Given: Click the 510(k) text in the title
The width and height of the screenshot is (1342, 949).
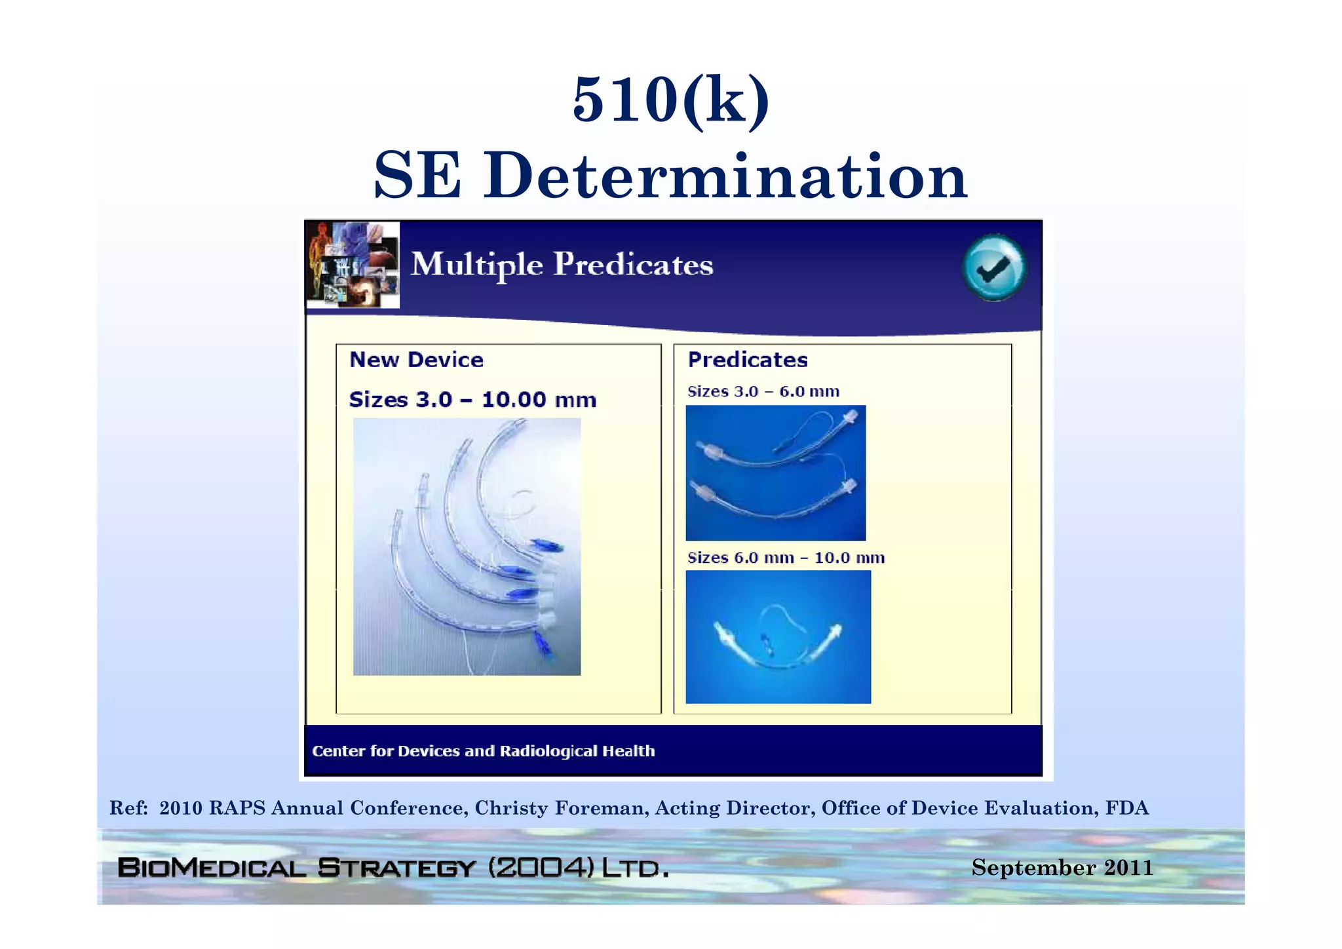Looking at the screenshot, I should point(670,100).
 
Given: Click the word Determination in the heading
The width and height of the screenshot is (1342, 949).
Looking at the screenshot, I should point(725,176).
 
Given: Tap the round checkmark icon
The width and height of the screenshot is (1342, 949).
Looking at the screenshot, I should point(994,267).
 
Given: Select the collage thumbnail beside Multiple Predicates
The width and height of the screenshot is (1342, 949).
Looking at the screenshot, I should point(353,265).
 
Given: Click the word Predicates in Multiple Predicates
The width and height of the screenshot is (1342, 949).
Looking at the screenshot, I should point(633,264).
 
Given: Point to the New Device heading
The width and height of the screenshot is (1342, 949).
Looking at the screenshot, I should point(416,360).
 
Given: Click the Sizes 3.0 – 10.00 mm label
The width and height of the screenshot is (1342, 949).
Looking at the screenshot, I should point(472,400).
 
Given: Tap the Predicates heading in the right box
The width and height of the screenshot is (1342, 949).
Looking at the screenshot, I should point(748,360).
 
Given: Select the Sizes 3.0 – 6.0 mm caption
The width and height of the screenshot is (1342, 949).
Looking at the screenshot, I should point(763,392).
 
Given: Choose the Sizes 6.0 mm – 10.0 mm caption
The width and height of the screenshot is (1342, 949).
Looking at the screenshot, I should point(786,558).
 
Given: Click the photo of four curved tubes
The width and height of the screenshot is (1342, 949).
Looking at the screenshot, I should point(467,547).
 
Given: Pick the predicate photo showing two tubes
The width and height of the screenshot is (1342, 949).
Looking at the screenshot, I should point(775,473).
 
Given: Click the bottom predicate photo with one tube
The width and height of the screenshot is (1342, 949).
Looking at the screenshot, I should point(778,636).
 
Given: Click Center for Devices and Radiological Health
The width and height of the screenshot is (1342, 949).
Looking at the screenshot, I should point(483,751).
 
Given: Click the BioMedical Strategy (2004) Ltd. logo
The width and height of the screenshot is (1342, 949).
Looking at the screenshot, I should point(393,868).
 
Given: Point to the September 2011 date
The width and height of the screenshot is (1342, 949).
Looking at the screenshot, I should point(1062,868).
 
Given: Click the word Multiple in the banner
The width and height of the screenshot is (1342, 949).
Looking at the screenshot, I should point(476,264).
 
